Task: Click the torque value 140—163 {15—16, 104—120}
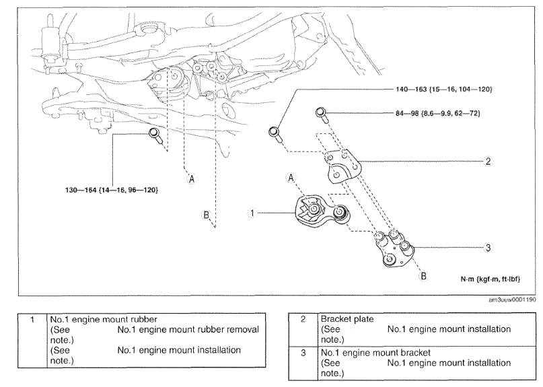tap(443, 90)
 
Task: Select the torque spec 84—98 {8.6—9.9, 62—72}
tap(438, 113)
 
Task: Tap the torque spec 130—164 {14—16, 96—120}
tap(112, 190)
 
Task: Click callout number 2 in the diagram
tap(488, 161)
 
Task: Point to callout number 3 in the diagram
tap(488, 248)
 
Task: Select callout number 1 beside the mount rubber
tap(252, 213)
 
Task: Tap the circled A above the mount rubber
tap(291, 178)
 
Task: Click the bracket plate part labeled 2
tap(345, 166)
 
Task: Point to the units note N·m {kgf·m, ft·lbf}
tap(491, 279)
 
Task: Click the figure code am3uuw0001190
tap(512, 300)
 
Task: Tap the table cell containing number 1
tap(32, 340)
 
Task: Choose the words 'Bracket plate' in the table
tap(347, 319)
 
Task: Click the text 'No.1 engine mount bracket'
tap(375, 353)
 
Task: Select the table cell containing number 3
tap(303, 363)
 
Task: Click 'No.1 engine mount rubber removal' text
tap(188, 330)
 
